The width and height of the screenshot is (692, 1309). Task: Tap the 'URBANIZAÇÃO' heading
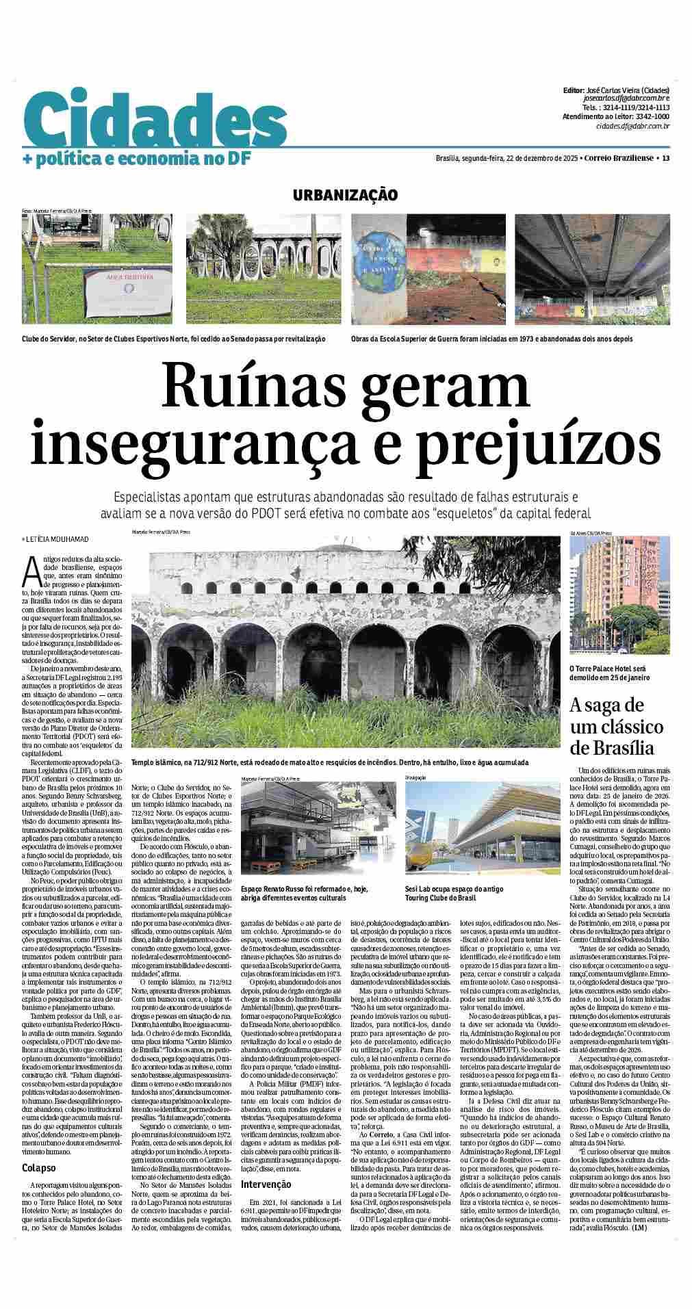click(345, 195)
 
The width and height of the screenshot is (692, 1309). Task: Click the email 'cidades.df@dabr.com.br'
click(632, 126)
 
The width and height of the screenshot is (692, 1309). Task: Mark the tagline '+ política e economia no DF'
click(137, 159)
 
